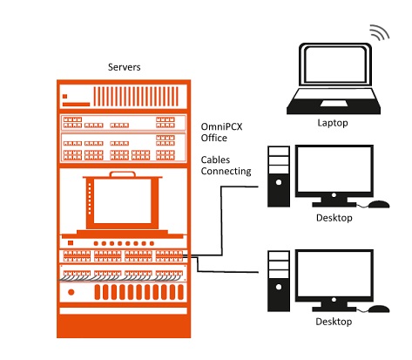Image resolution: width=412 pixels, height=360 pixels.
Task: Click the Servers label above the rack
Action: [x=124, y=67]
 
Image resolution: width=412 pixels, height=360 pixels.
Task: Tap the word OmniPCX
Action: [x=221, y=126]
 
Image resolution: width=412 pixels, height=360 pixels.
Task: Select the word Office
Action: [x=214, y=138]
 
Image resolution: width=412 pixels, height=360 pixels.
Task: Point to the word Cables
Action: [x=215, y=160]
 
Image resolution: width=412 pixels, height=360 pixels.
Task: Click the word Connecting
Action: [x=226, y=171]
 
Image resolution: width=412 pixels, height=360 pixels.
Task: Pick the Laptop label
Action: [x=333, y=123]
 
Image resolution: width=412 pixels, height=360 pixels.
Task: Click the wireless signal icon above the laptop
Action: [x=380, y=31]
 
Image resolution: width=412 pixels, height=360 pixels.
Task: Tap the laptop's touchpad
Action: [x=334, y=104]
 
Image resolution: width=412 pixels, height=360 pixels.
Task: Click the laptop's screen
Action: [x=335, y=65]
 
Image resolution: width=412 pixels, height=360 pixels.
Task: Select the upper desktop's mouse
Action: [x=379, y=204]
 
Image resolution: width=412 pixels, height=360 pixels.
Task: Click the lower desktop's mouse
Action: [x=379, y=309]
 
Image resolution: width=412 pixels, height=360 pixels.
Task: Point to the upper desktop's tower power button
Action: [x=279, y=182]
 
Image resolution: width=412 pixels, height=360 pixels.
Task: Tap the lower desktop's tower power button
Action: [x=279, y=287]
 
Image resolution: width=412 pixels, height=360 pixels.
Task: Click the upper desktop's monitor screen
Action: [x=334, y=169]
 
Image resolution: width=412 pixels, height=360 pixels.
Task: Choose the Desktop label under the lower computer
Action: [x=334, y=322]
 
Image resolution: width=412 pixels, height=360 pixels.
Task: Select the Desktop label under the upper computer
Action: [x=334, y=218]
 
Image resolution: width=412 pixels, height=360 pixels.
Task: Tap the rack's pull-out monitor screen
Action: [x=122, y=200]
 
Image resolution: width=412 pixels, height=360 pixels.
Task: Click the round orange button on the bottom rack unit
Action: [x=71, y=292]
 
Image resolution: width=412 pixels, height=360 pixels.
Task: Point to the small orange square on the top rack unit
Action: [x=64, y=96]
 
